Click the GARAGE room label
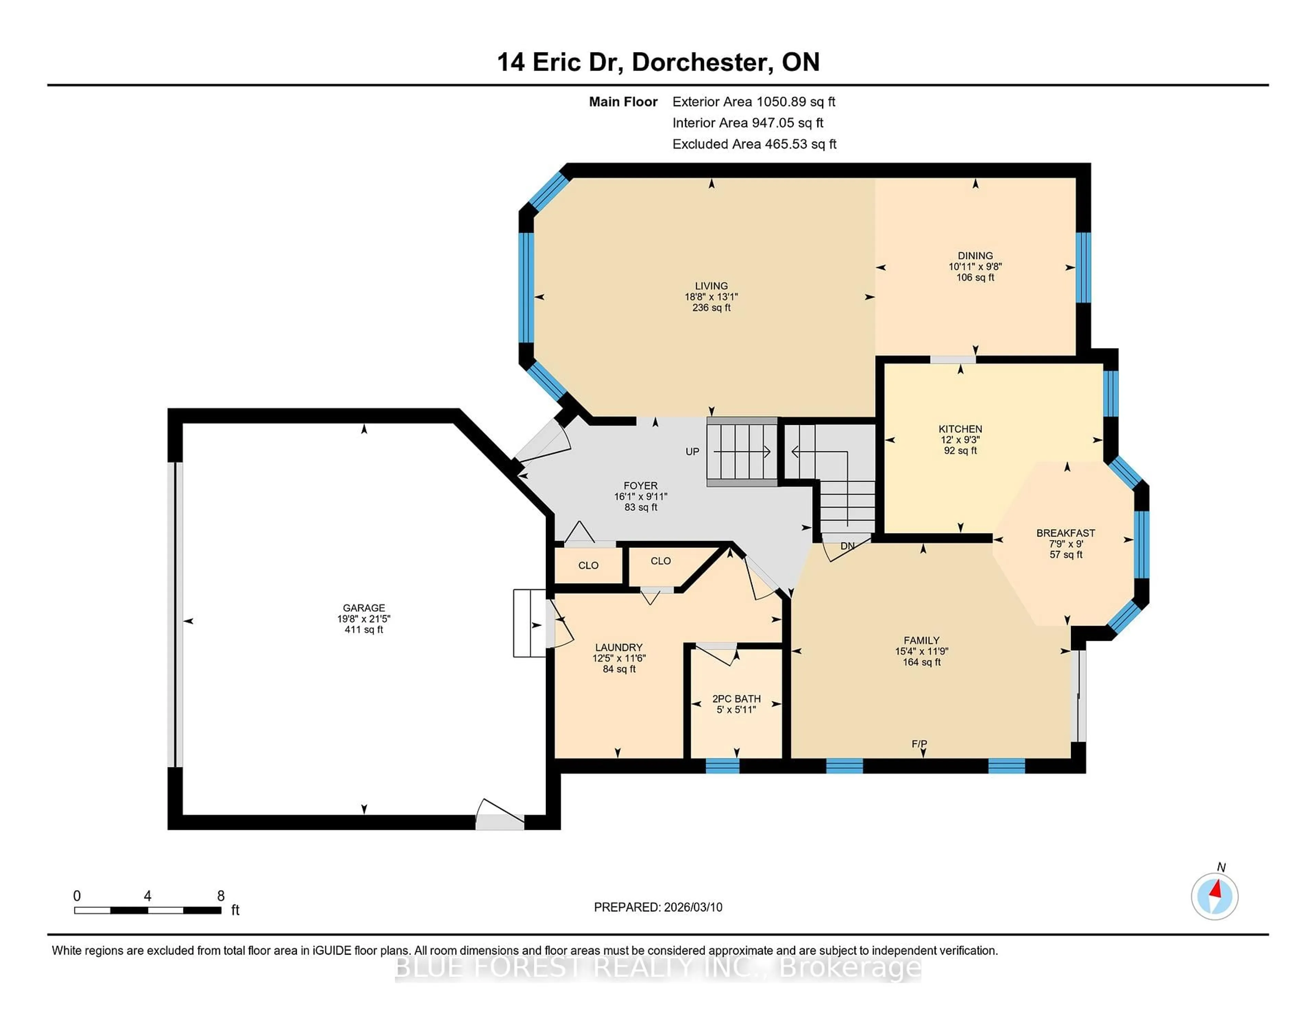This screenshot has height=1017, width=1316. [363, 608]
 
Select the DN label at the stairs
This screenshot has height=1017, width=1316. [847, 546]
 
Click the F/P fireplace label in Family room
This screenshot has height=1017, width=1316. [919, 744]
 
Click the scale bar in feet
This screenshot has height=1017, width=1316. [148, 910]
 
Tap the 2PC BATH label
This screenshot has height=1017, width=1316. [736, 699]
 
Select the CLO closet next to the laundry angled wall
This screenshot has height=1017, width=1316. [660, 561]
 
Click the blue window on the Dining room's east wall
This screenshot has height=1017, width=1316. [1083, 267]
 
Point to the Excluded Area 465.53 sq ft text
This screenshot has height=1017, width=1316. [754, 144]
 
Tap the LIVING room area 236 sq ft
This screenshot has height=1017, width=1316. [711, 307]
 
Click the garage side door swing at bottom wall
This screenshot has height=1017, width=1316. [499, 813]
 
